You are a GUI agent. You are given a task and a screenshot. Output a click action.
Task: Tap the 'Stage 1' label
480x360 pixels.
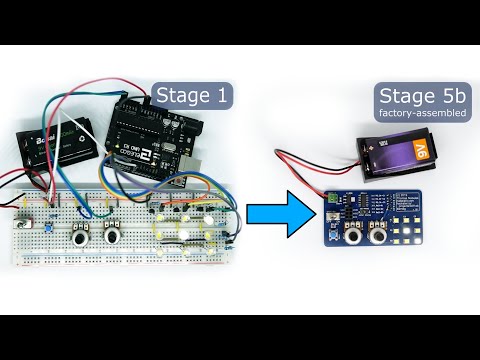click(193, 95)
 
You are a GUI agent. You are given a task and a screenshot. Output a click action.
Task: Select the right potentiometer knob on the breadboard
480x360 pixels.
click(112, 236)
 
